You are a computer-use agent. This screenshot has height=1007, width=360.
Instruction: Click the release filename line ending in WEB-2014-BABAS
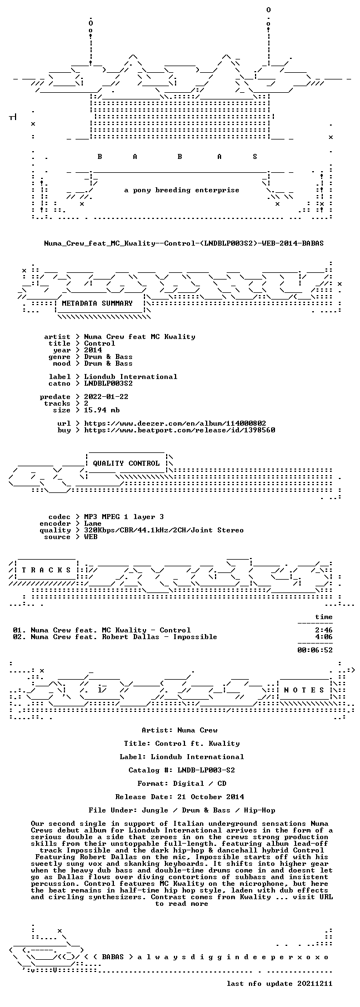point(184,243)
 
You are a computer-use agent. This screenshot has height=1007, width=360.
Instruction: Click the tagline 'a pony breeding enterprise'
point(182,190)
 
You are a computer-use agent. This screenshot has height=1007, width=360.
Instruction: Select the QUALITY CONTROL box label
point(126,463)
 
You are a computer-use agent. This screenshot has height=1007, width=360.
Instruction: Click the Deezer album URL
point(175,423)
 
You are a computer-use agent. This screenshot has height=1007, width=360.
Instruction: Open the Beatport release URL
point(179,430)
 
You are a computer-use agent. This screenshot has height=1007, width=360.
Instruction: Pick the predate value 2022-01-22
point(106,397)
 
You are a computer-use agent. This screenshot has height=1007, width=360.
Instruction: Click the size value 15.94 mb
point(102,410)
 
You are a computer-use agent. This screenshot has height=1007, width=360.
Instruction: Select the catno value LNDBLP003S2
point(108,383)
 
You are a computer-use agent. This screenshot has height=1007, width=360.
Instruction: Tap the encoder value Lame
point(93,524)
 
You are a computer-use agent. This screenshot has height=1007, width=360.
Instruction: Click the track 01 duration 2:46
point(324,630)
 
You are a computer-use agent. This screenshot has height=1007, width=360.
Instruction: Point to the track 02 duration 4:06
point(324,637)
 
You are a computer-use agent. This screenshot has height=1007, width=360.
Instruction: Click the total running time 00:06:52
point(315,650)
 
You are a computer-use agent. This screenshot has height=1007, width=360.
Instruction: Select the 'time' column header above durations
point(324,617)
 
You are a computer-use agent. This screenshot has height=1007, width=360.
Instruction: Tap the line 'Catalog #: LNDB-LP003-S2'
point(182,770)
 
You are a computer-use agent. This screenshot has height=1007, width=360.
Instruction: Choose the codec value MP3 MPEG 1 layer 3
point(124,517)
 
